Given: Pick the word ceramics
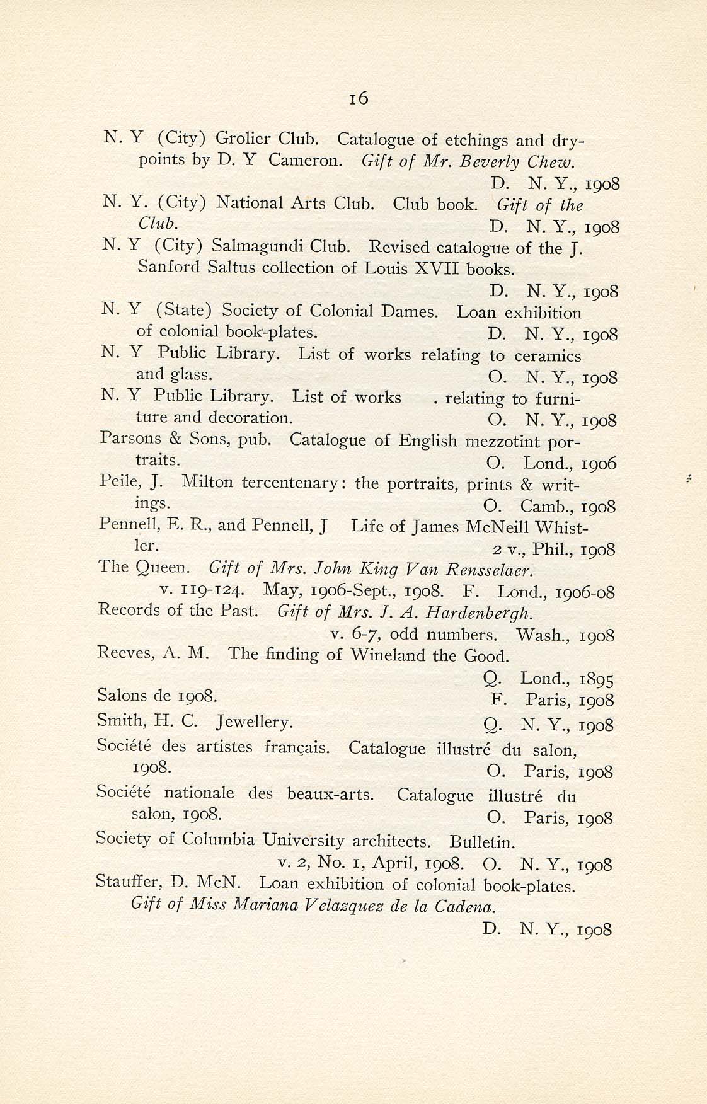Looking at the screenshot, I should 548,356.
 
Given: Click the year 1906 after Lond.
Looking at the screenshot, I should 599,464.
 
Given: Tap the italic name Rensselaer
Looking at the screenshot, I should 490,570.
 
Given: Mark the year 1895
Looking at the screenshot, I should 596,679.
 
